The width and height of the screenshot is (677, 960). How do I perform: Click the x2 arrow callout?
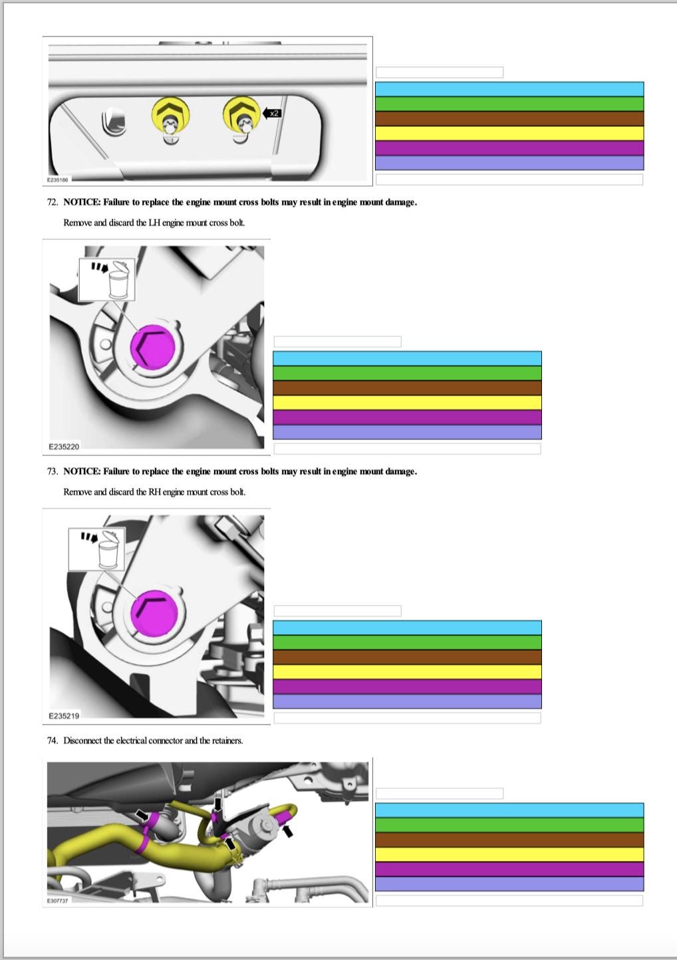point(271,113)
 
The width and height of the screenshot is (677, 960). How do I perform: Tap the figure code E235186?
point(57,180)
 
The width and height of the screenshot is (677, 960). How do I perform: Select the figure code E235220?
point(64,447)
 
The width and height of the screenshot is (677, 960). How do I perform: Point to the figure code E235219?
point(64,716)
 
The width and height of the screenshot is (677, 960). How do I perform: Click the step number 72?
point(53,202)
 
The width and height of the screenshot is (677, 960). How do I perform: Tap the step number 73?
point(53,471)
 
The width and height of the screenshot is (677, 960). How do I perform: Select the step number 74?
point(53,741)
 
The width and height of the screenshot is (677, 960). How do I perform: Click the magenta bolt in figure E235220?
point(153,347)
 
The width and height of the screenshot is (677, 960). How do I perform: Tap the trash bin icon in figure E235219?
point(107,549)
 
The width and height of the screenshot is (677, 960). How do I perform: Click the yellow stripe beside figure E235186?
point(509,133)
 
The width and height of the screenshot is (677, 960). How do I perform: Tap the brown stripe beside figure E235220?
point(407,388)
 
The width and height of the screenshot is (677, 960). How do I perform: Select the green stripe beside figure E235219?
point(407,642)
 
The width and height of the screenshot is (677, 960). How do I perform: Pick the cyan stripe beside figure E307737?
point(509,810)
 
